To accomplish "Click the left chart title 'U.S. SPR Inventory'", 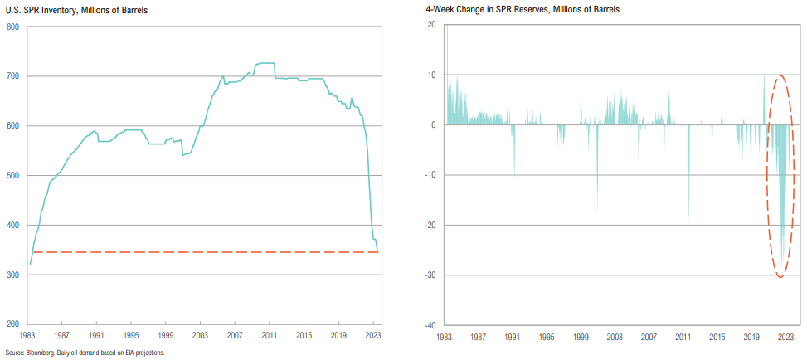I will coord(49,10).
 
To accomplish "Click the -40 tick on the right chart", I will coord(430,325).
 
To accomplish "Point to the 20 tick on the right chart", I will coord(432,25).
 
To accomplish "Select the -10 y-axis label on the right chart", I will coord(430,175).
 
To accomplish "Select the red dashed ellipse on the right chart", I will coord(766,176).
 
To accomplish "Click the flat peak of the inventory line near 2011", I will coord(265,63).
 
